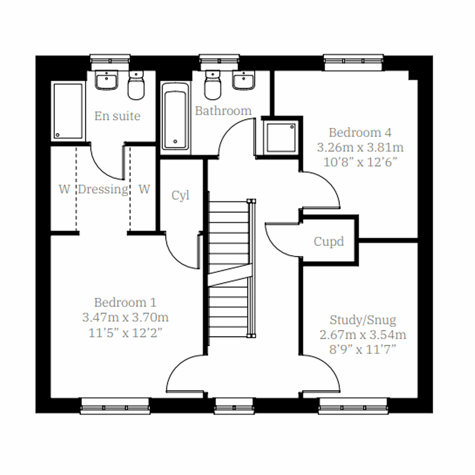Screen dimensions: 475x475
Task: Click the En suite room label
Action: pos(117,116)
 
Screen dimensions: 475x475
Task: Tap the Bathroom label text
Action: pos(223,111)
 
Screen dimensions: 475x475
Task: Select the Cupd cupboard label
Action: pos(329,241)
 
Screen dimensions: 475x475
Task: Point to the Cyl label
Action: pos(180,196)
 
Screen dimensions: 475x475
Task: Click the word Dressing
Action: pos(103,189)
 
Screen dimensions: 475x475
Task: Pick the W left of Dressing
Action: pos(64,189)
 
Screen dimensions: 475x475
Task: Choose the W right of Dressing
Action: pos(144,189)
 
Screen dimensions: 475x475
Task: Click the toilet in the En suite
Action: pos(136,86)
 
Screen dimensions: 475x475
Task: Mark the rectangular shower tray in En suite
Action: pos(68,111)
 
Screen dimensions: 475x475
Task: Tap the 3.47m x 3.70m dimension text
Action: pos(125,317)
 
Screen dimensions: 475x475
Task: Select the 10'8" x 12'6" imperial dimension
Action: pos(360,162)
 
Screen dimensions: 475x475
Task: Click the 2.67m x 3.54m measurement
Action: pos(363,335)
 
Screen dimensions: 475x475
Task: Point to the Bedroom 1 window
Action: pos(115,407)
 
